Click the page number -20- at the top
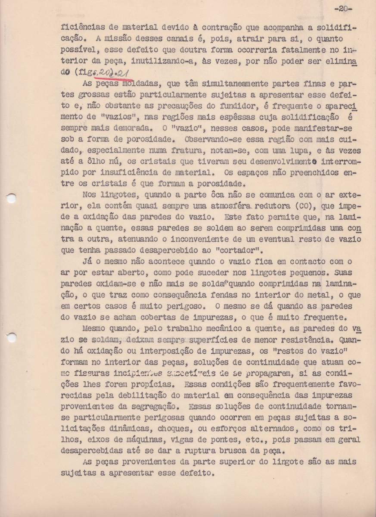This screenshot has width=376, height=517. coord(343,9)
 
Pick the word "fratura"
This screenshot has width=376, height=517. coord(191,151)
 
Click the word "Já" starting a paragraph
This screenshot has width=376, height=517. coord(87,262)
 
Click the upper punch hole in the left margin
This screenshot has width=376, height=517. coord(12,199)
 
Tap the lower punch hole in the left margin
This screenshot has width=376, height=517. coord(12,338)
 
